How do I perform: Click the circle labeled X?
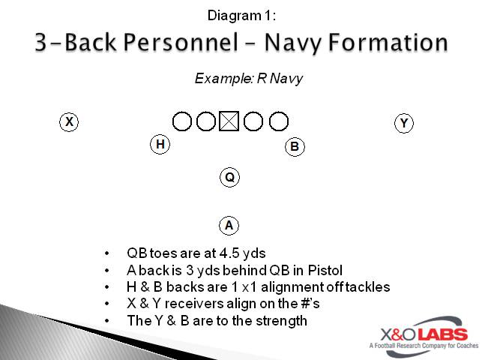tap(69, 121)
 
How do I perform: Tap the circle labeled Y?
tap(404, 123)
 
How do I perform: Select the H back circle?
tap(160, 144)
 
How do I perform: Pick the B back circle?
tap(295, 146)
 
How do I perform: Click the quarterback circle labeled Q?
tap(230, 177)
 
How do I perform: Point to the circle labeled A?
tap(229, 225)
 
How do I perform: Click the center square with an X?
tap(229, 121)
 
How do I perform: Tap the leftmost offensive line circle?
tap(181, 121)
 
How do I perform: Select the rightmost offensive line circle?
tap(279, 121)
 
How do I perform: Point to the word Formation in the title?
tap(392, 42)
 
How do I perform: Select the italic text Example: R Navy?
tap(248, 79)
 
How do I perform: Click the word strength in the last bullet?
tap(281, 320)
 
